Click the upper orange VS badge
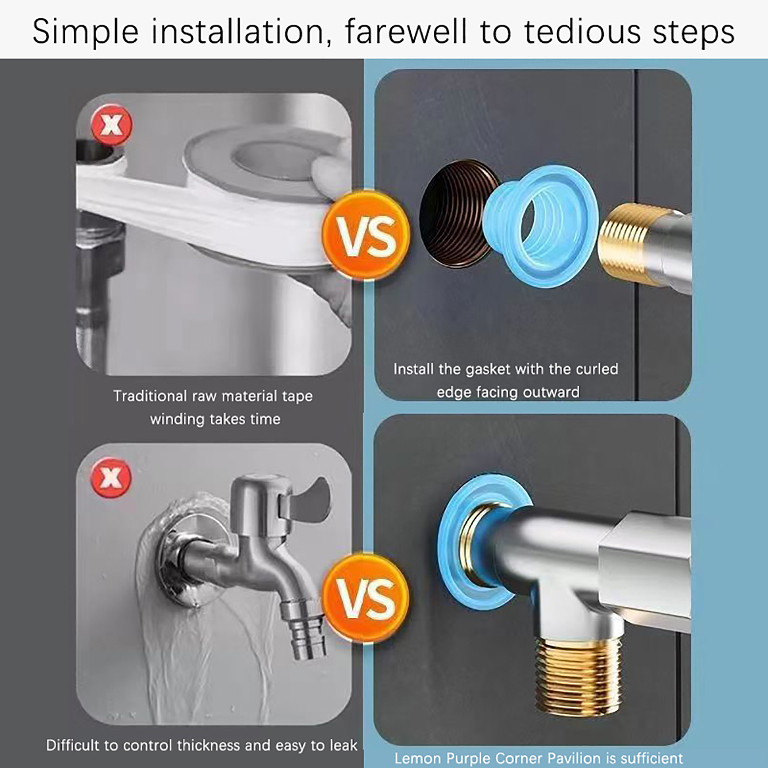pos(366,236)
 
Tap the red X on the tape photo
pos(111,125)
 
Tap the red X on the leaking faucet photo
pos(111,478)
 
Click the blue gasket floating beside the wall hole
pos(540,226)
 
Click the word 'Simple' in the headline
pos(85,32)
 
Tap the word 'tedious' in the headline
pos(583,31)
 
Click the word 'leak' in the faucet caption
pos(343,745)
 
